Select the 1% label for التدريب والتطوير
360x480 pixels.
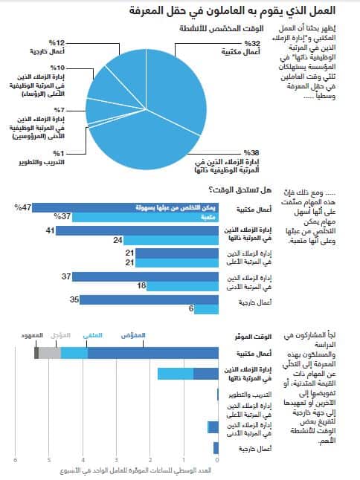pyautogui.click(x=57, y=152)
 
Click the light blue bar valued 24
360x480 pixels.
pyautogui.click(x=170, y=241)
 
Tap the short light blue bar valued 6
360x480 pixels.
pyautogui.click(x=205, y=309)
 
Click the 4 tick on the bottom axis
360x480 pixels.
pyautogui.click(x=83, y=461)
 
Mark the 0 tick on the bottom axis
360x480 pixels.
pyautogui.click(x=217, y=461)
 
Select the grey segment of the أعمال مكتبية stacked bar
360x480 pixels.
pyautogui.click(x=50, y=353)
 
